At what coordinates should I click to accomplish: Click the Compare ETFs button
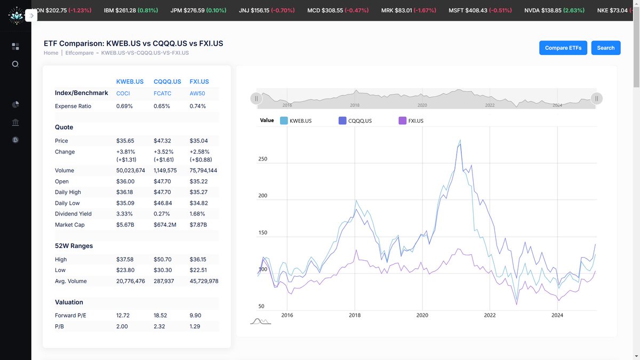point(563,47)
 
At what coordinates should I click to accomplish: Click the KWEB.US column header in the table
point(130,82)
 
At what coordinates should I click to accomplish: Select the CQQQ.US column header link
point(166,82)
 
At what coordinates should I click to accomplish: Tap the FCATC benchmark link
point(162,93)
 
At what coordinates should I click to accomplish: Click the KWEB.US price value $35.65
point(125,141)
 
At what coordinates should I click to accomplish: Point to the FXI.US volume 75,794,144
point(203,171)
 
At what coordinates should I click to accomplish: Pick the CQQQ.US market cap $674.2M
point(165,225)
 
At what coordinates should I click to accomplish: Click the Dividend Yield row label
point(73,214)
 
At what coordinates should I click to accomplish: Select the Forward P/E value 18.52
point(161,315)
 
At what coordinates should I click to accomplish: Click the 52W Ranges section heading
point(74,246)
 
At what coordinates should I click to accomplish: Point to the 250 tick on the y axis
point(262,159)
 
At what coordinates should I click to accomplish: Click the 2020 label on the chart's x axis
point(422,315)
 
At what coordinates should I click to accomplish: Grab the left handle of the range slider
point(257,99)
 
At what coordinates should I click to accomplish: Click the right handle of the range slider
point(597,99)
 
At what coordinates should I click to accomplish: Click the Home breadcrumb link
point(51,53)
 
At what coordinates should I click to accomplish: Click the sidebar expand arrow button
point(31,16)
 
